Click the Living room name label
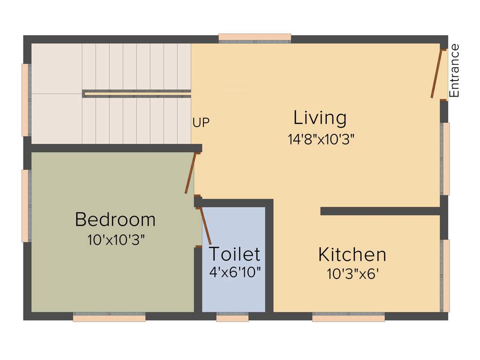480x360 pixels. coord(320,118)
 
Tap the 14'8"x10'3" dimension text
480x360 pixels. coord(321,139)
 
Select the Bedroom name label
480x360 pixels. coord(115,219)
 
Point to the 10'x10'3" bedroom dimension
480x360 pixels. coord(116,240)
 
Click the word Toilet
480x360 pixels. coord(234,254)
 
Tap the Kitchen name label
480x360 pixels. coord(352,255)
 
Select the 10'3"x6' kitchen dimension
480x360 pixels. coord(352,274)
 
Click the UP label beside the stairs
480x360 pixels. coord(201,123)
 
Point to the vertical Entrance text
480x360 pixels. coord(454,70)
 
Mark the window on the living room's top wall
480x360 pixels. coord(255,38)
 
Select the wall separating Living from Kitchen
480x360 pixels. coord(380,211)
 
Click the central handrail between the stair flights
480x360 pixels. coord(137,94)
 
